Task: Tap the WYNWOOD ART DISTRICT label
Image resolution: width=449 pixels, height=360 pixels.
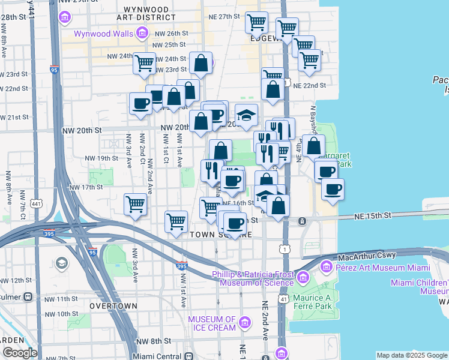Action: click(154, 14)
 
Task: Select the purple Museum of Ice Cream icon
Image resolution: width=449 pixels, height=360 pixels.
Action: click(244, 323)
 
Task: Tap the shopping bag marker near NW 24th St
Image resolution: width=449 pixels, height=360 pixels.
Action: click(201, 63)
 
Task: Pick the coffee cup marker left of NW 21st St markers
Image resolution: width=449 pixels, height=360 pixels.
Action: click(141, 103)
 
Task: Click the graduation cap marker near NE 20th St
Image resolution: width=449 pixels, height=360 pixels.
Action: click(246, 115)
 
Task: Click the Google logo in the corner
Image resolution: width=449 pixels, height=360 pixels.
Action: click(19, 353)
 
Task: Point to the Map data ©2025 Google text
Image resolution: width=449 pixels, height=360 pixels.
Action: click(412, 355)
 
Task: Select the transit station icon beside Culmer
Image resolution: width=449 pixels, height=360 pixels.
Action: click(28, 296)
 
